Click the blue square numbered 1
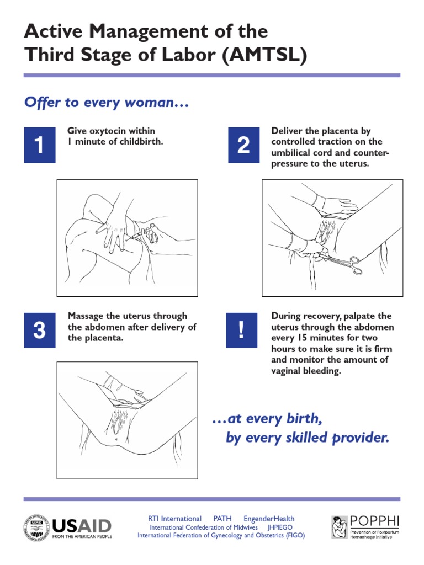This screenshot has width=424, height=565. point(39,145)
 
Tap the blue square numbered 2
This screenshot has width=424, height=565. point(243,145)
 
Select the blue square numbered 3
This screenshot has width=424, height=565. point(39,331)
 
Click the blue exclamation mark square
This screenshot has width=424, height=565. point(241,331)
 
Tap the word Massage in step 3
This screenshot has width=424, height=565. point(86,316)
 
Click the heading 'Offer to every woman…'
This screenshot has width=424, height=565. point(107,103)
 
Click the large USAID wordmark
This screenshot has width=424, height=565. point(81,525)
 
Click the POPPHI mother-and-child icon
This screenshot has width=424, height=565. point(340,527)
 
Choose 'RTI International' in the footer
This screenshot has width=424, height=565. point(174,519)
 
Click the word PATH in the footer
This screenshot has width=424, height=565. point(222,519)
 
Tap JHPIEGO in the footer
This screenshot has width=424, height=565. point(280,527)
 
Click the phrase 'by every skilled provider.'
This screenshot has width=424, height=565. point(308,438)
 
